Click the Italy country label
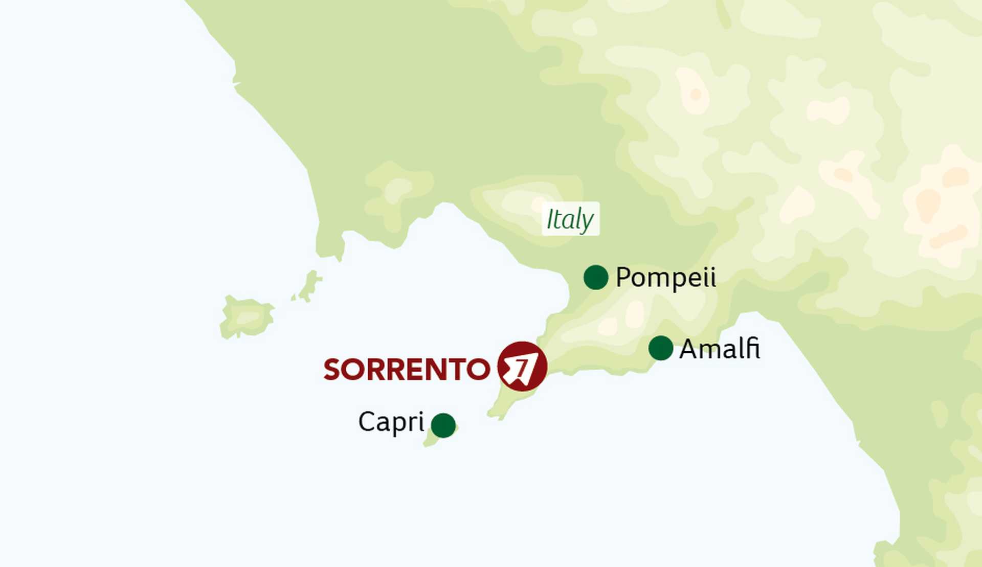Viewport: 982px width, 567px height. coord(570,219)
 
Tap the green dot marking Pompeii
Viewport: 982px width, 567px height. coord(596,278)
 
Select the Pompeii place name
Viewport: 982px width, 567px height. coord(665,278)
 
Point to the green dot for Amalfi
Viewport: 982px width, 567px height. coord(661,348)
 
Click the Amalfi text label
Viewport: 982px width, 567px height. coord(719,349)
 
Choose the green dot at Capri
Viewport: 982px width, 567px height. coord(443,425)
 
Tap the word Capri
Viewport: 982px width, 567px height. coord(391,422)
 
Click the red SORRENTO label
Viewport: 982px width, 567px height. coord(407,369)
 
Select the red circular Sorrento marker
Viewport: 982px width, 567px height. coord(522,367)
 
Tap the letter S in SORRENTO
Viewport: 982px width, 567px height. coord(333,369)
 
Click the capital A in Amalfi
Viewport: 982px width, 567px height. coord(688,349)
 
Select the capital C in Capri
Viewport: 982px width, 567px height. coord(367,422)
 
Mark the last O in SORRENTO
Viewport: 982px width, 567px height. coord(478,369)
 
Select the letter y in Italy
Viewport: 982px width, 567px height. coord(587,222)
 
